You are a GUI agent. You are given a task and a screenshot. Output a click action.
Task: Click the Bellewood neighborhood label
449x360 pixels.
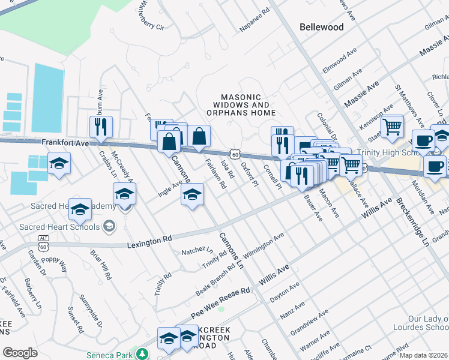click(322, 27)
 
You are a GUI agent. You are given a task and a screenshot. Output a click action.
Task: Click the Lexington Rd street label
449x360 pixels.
click(149, 241)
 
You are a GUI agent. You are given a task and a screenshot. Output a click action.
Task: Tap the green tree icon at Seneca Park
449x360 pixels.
click(143, 354)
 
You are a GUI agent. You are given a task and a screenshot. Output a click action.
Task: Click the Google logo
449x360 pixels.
click(20, 353)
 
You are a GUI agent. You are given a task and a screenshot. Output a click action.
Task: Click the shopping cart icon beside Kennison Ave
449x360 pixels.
click(392, 126)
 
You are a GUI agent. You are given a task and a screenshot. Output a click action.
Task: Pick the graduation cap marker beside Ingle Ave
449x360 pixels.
click(191, 194)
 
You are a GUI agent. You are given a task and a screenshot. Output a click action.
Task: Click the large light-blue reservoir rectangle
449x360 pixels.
click(48, 98)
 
